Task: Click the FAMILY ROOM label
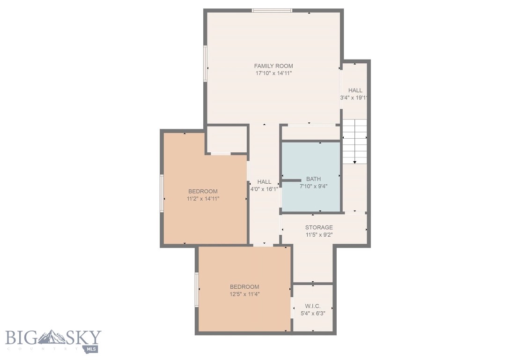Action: tap(273, 66)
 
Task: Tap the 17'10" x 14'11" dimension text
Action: tap(273, 73)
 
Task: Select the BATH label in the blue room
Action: tap(313, 179)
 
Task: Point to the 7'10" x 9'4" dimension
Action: tap(313, 186)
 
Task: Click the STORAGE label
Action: tap(319, 227)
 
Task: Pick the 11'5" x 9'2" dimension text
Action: tap(319, 235)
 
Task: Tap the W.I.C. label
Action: tap(312, 306)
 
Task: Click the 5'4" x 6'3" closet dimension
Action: tap(312, 314)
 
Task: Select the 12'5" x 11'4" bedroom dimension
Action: tap(244, 294)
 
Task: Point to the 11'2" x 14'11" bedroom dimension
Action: tap(203, 199)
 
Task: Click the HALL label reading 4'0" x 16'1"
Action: tap(264, 182)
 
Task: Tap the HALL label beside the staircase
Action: tap(355, 90)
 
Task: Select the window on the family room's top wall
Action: tap(272, 10)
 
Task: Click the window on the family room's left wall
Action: tap(205, 63)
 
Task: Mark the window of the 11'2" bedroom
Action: tap(162, 193)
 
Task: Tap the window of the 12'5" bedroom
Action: tap(197, 290)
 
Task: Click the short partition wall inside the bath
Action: tap(291, 180)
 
